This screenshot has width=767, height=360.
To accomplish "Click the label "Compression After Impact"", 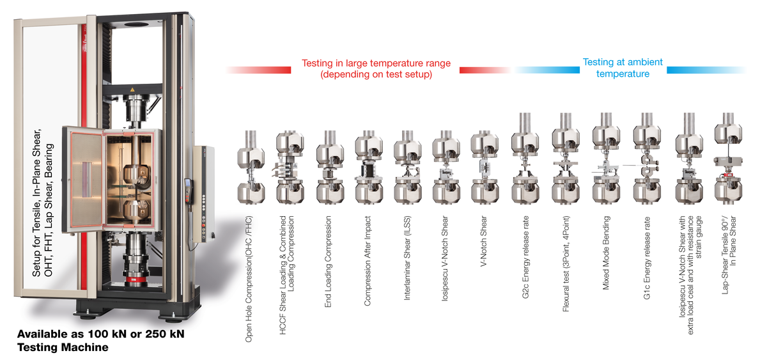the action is pos(368,261).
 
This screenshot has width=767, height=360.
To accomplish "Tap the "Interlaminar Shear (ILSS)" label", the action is pos(407,258).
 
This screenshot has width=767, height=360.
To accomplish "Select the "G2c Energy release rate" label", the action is pos(525,257).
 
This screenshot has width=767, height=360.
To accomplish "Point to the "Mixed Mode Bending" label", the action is pos(606,253).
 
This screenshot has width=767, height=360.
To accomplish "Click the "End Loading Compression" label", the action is pos(328,262).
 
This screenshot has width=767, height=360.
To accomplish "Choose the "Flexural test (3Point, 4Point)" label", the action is pos(566,263).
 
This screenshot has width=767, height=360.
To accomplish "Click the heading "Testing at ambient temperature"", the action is pos(623,68).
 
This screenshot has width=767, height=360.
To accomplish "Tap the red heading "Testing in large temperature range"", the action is pos(376,63).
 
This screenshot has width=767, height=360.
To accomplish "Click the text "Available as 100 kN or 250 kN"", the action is pos(101,334).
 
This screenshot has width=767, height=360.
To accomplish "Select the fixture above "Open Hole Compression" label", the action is pos(251,167).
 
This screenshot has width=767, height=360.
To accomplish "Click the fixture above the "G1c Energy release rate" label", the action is pos(646,158).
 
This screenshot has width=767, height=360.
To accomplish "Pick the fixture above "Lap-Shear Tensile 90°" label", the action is pos(728,158).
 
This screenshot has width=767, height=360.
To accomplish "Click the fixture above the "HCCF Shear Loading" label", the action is pos(290,167).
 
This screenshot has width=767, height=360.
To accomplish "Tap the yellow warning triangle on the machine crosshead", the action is pos(132,90).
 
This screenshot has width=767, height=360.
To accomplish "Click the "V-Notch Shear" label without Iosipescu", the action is pos(483,241).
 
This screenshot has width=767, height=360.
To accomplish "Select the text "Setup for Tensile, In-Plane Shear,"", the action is pos(36,203).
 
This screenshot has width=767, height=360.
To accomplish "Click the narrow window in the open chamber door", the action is pos(86,180).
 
